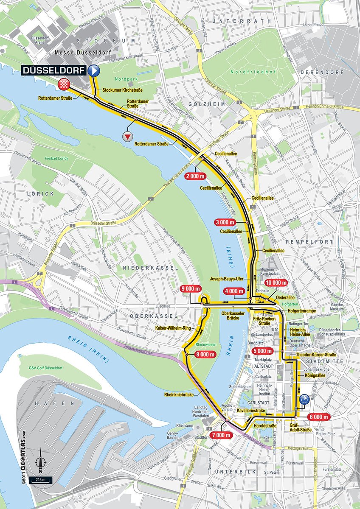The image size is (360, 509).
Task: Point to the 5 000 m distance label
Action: click(x=262, y=351)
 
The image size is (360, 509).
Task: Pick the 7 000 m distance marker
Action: click(x=221, y=435)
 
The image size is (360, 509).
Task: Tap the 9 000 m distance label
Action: click(x=190, y=288)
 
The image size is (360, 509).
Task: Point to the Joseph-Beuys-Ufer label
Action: click(x=226, y=279)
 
